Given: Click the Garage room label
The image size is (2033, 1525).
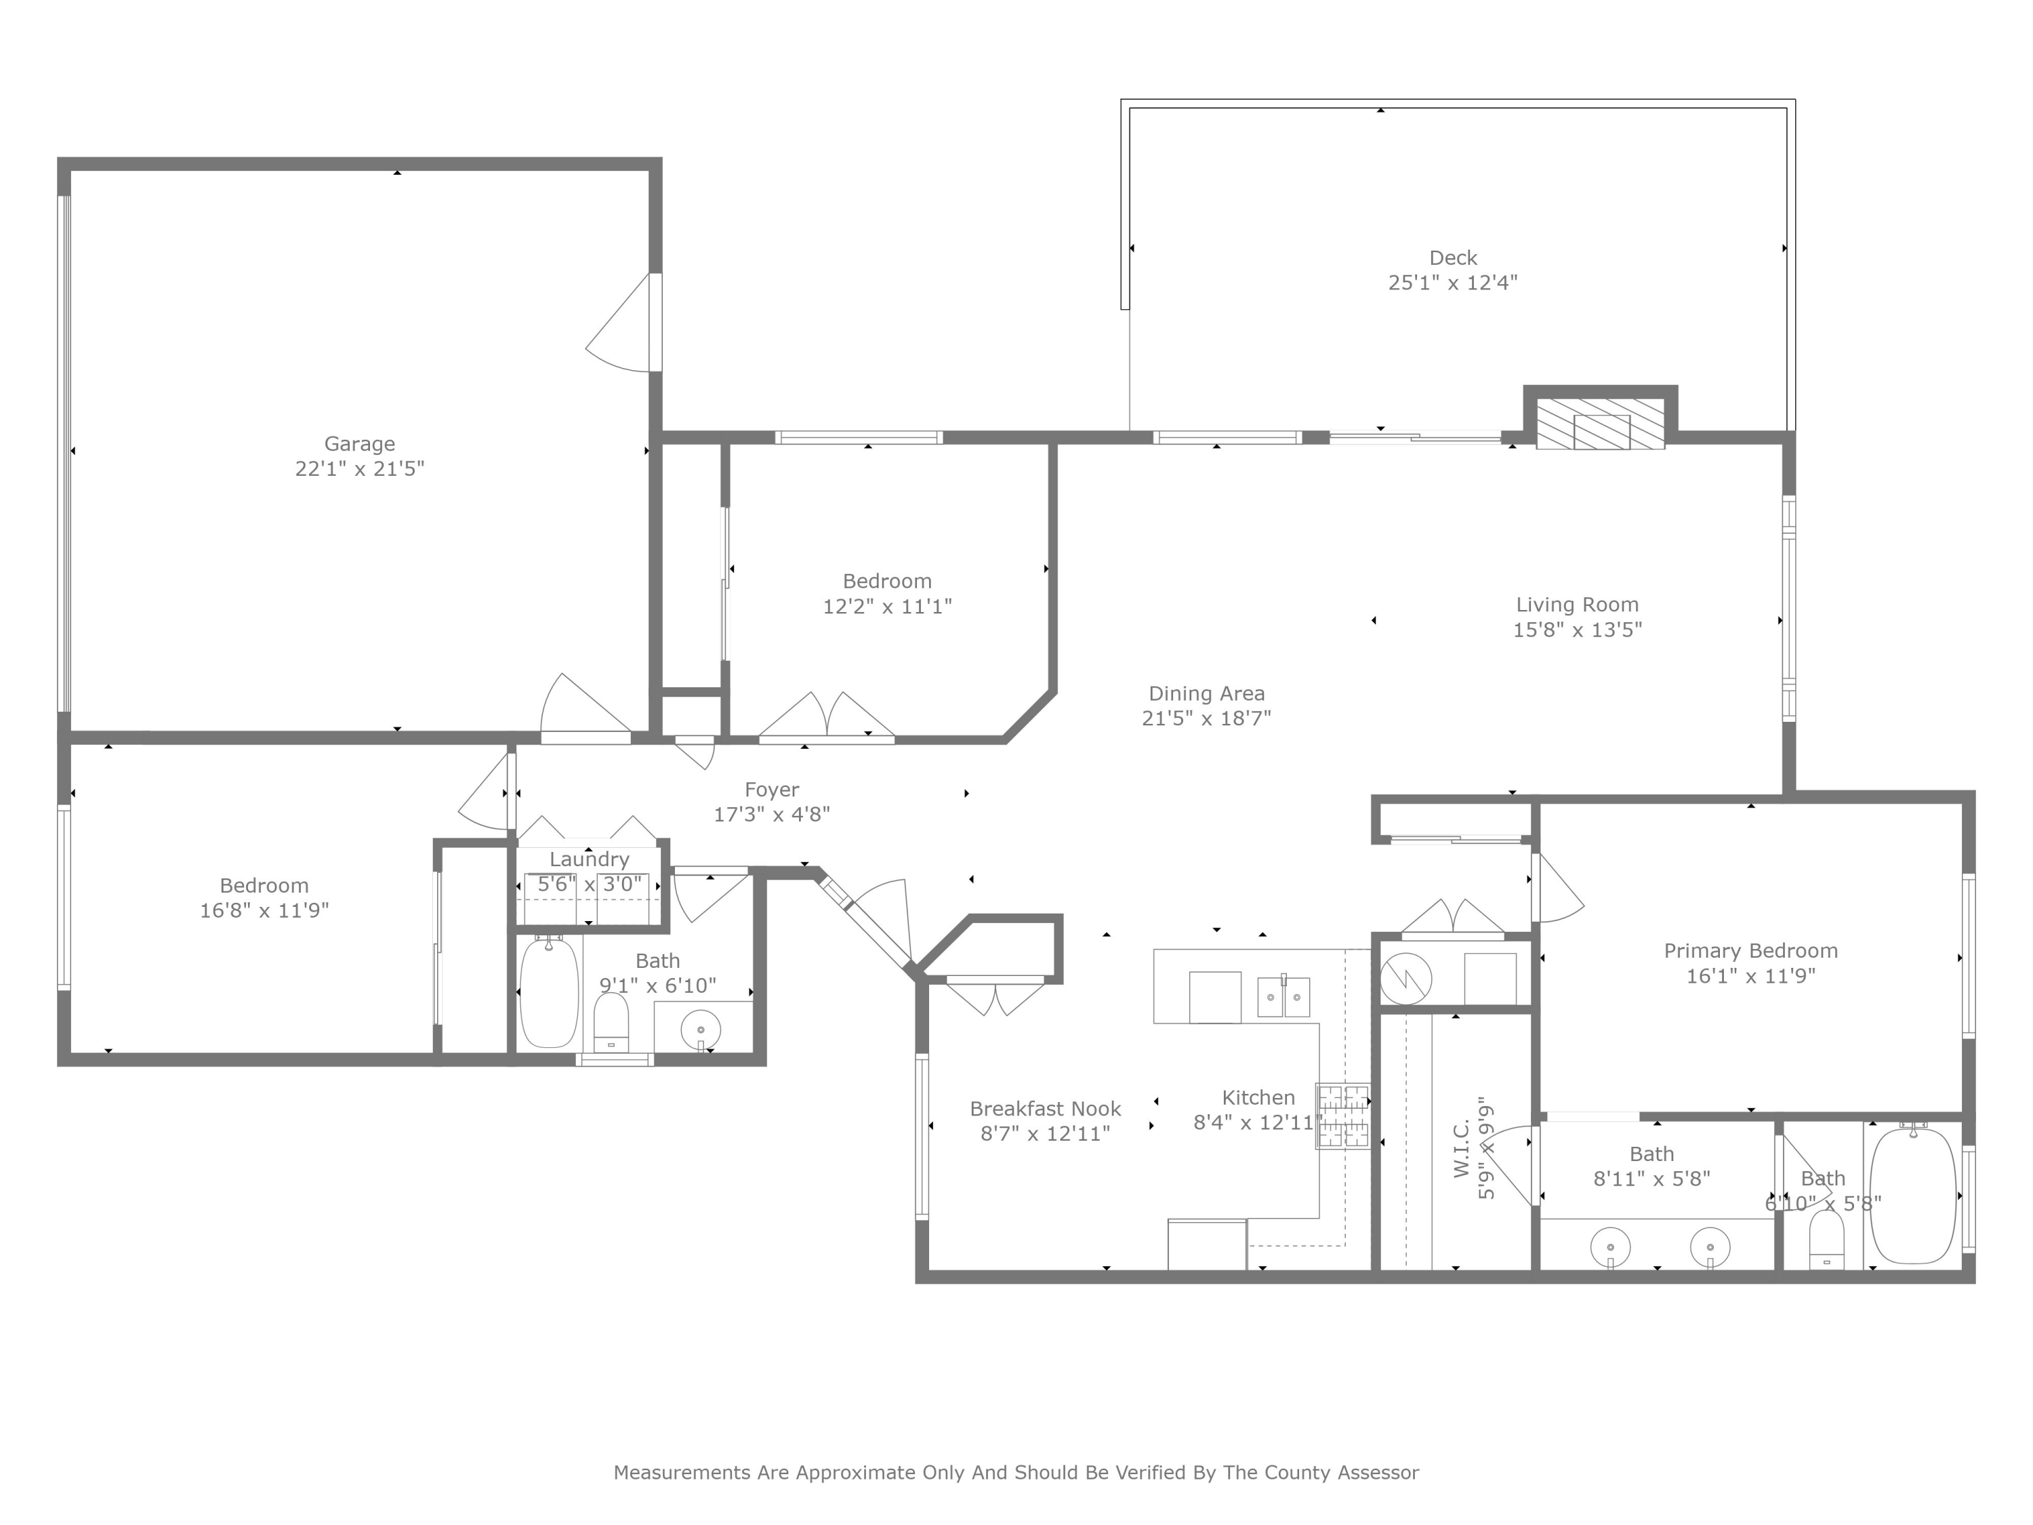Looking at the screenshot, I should (359, 444).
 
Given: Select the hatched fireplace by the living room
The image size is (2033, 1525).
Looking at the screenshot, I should (1600, 424).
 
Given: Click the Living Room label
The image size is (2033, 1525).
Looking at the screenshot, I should (1577, 605).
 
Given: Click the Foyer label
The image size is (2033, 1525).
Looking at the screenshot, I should (771, 790).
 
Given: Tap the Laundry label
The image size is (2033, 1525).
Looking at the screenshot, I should (589, 859).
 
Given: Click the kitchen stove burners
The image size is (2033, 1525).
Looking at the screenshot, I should (1342, 1116).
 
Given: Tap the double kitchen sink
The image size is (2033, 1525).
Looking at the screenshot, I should (1283, 996).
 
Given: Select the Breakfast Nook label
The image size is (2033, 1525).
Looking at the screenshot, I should (1045, 1109).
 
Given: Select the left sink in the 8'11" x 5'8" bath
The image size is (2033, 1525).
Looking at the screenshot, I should (1610, 1247).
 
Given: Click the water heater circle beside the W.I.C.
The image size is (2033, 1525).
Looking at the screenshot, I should (1405, 978).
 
